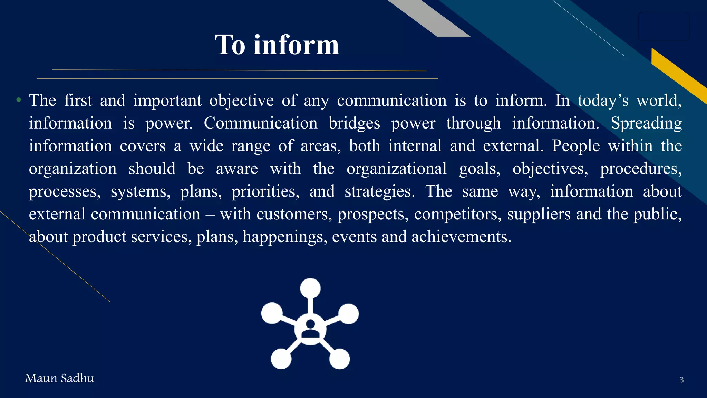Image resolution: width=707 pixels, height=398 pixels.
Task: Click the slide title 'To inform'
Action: click(x=277, y=45)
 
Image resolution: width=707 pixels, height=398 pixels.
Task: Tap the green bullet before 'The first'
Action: click(x=19, y=101)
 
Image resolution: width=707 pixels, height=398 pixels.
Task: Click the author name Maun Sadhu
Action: click(x=59, y=378)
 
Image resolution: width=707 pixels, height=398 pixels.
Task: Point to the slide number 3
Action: click(x=681, y=380)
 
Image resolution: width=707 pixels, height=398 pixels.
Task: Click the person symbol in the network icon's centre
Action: click(x=310, y=329)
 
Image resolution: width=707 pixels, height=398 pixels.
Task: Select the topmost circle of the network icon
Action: click(x=310, y=288)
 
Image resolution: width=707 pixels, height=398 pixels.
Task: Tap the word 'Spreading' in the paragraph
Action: click(x=646, y=123)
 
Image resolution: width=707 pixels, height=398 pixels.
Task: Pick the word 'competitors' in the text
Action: click(x=458, y=214)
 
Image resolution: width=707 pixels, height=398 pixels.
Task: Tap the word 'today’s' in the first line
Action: click(x=603, y=101)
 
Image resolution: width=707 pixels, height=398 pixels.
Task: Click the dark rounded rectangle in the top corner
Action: click(x=663, y=26)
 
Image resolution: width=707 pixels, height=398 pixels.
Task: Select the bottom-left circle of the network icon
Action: click(x=281, y=359)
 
